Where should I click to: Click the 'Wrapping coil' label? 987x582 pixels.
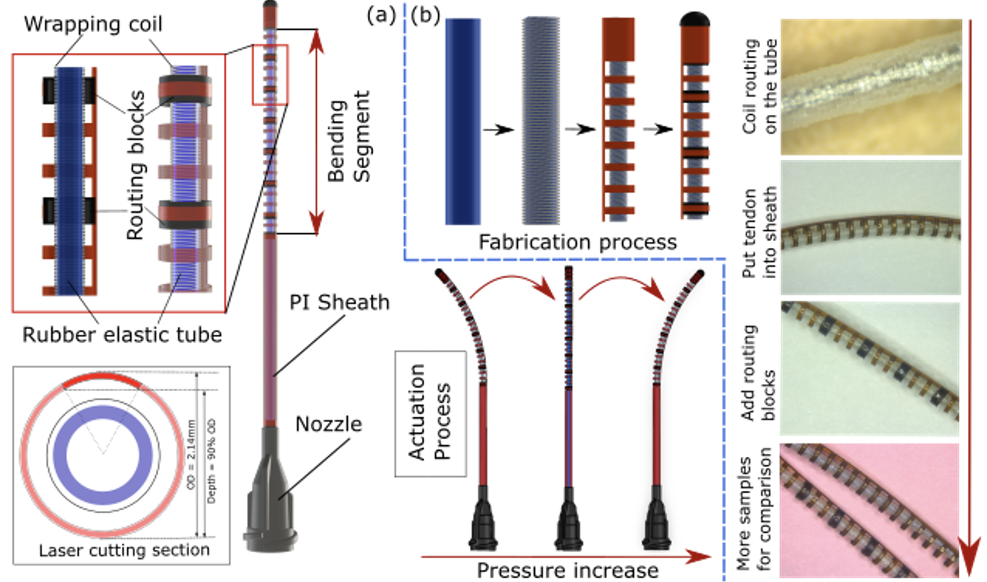93,25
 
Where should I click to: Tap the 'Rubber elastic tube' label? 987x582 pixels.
122,335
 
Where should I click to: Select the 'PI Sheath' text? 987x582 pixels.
339,303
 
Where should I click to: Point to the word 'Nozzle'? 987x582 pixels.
328,424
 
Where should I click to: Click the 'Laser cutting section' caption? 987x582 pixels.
124,550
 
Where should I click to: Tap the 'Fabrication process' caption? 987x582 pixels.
577,243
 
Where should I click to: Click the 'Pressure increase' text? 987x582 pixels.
567,570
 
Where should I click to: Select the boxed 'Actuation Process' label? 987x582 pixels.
430,413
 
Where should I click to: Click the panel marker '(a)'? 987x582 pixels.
381,14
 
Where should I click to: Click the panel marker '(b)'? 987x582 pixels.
425,15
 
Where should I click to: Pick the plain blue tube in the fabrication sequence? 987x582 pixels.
463,121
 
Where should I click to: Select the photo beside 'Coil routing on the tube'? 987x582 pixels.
870,87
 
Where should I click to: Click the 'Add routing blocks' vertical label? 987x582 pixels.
757,372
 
